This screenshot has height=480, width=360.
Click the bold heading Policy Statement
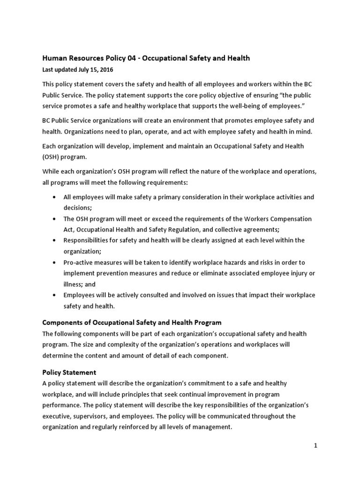point(69,372)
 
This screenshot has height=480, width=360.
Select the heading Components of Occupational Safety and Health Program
point(132,322)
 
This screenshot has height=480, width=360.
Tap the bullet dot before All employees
point(56,197)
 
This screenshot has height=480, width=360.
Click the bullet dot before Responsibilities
point(56,240)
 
